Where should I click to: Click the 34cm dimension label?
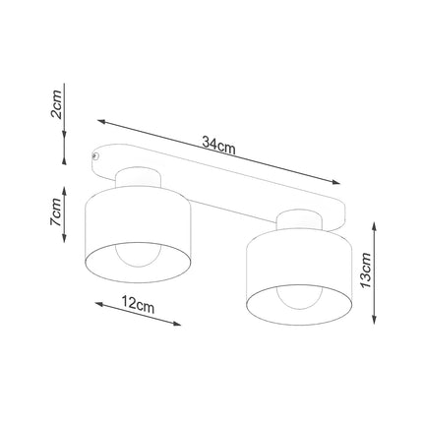click(218, 144)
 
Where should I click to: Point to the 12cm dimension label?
click(140, 306)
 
